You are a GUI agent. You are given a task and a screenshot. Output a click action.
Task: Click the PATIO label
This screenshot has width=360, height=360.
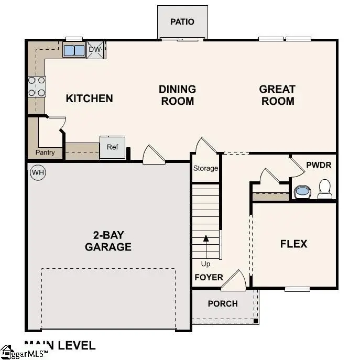182,21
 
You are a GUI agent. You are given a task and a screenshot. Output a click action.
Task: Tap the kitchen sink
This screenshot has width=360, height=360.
74,50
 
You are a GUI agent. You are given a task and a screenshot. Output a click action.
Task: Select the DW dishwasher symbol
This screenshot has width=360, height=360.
95,50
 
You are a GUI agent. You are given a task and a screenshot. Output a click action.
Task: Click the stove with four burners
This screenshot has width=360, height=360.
36,86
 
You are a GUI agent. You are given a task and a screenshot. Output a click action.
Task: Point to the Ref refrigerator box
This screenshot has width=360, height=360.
113,147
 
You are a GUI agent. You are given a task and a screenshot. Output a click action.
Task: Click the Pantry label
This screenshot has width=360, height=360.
45,153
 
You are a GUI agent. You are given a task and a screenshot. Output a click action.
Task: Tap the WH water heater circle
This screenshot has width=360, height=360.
37,172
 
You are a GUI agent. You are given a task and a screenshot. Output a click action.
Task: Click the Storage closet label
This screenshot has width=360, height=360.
205,168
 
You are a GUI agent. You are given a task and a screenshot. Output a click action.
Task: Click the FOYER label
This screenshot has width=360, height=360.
209,277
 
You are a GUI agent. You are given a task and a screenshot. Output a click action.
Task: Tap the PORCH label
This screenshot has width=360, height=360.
223,303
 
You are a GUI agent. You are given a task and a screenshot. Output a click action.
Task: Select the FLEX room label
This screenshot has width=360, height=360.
293,244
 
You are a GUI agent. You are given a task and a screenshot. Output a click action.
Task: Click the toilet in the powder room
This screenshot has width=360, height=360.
325,189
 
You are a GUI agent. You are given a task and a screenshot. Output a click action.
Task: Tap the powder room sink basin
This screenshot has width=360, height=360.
302,191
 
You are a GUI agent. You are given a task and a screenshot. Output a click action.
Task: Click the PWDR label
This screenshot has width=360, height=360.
319,165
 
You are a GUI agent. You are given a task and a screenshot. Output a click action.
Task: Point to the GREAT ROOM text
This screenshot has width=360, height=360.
277,95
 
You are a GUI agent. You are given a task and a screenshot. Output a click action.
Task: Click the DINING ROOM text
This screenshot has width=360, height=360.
178,95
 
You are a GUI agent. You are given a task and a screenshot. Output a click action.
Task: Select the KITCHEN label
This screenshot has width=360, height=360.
89,98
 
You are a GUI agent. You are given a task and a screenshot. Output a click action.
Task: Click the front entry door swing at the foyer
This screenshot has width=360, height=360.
234,281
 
